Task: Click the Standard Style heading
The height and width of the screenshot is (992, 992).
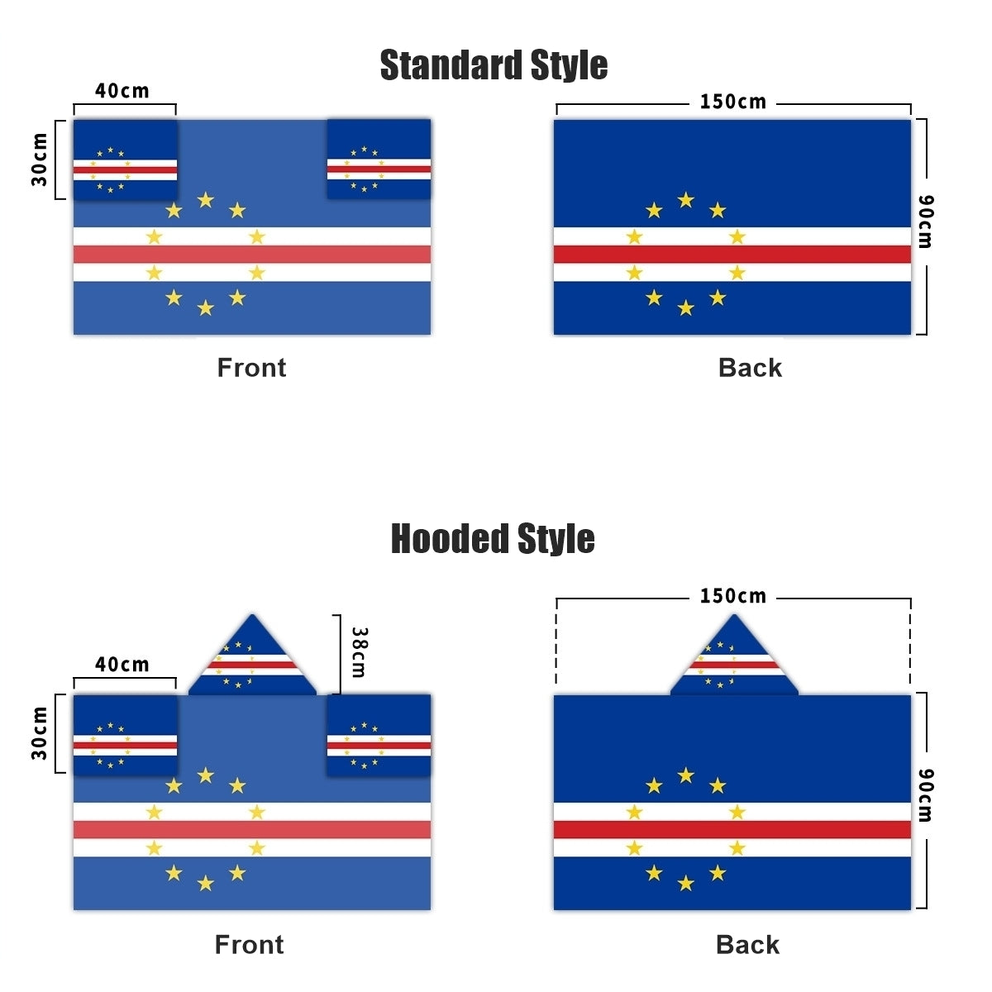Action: coord(494,65)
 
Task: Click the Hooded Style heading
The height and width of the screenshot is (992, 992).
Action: coord(493,539)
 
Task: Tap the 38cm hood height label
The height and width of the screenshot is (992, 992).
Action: coord(359,652)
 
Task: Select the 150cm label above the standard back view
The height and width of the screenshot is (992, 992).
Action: coord(733,102)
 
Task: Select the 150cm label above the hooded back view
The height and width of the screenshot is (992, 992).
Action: coord(733,596)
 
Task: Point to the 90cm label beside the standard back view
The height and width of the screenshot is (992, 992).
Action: coord(926,222)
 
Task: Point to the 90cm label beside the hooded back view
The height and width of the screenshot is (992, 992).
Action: coord(926,795)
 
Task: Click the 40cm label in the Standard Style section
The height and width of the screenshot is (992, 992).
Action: coord(122,91)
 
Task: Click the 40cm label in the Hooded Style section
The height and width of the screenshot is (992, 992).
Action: coord(122,665)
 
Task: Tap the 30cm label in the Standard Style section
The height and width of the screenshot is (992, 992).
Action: coord(40,159)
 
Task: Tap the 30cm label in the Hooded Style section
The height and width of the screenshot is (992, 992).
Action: coord(40,733)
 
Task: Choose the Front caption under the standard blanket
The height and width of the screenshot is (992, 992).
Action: coord(251,368)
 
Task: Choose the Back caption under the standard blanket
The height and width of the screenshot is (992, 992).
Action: coord(750,368)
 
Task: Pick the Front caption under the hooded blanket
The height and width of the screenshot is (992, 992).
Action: coord(249,945)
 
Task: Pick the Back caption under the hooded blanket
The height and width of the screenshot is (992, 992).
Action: coord(747,945)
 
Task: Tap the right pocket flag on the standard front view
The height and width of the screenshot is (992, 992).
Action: coord(379,159)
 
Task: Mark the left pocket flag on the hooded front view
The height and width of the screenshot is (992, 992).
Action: coord(125,734)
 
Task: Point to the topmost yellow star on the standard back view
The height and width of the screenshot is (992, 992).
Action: coord(685,200)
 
